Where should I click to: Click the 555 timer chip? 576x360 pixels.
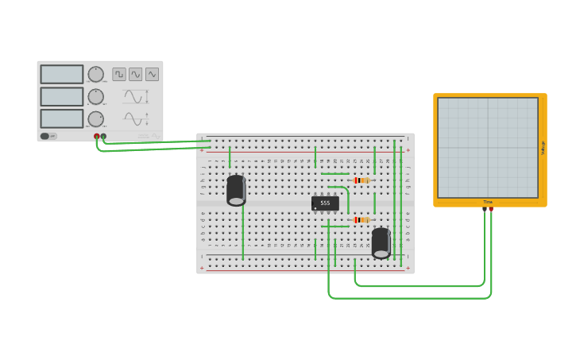pos(325,203)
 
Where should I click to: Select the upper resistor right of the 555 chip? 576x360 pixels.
pos(361,180)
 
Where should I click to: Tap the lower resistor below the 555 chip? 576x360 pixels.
pos(361,220)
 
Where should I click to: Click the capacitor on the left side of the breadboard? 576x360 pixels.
pos(236,191)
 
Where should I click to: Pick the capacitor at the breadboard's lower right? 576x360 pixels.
pos(381,243)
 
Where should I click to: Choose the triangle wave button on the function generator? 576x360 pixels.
pos(152,74)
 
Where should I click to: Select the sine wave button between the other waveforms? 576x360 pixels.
pos(136,74)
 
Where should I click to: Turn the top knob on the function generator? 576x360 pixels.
pos(95,74)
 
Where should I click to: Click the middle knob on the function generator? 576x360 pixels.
pos(95,96)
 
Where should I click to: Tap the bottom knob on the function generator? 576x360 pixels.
pos(95,118)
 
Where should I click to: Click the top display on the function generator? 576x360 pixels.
pos(62,74)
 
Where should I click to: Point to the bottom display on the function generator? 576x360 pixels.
pos(62,118)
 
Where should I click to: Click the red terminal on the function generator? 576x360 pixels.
pos(97,136)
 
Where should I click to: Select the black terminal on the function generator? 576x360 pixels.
pos(103,136)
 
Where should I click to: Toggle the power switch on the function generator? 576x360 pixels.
pos(45,136)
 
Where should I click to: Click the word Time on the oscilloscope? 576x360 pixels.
pos(488,202)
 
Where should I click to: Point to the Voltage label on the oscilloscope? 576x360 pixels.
pos(543,148)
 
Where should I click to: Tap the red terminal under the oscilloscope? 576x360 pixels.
pos(491,208)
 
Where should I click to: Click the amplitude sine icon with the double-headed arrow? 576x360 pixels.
pos(135,97)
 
